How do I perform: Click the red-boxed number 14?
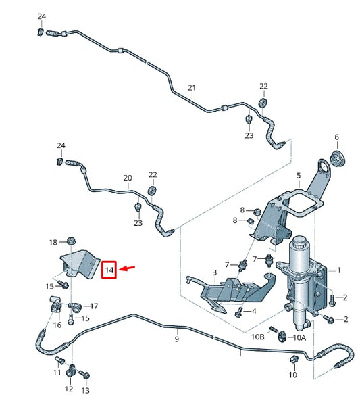tap(109, 270)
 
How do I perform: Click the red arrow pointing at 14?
tap(128, 268)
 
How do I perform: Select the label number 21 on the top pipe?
tap(192, 88)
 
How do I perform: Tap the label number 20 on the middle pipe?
tap(127, 178)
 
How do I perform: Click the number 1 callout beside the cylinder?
tap(338, 270)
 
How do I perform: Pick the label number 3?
tap(214, 272)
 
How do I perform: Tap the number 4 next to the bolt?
tap(254, 311)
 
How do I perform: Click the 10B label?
tap(258, 337)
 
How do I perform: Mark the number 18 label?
tap(53, 242)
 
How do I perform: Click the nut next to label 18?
tap(71, 241)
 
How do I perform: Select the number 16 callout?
tap(57, 325)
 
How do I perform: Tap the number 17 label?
tap(93, 306)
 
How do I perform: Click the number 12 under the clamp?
tap(69, 389)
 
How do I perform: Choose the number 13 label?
tap(85, 391)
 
